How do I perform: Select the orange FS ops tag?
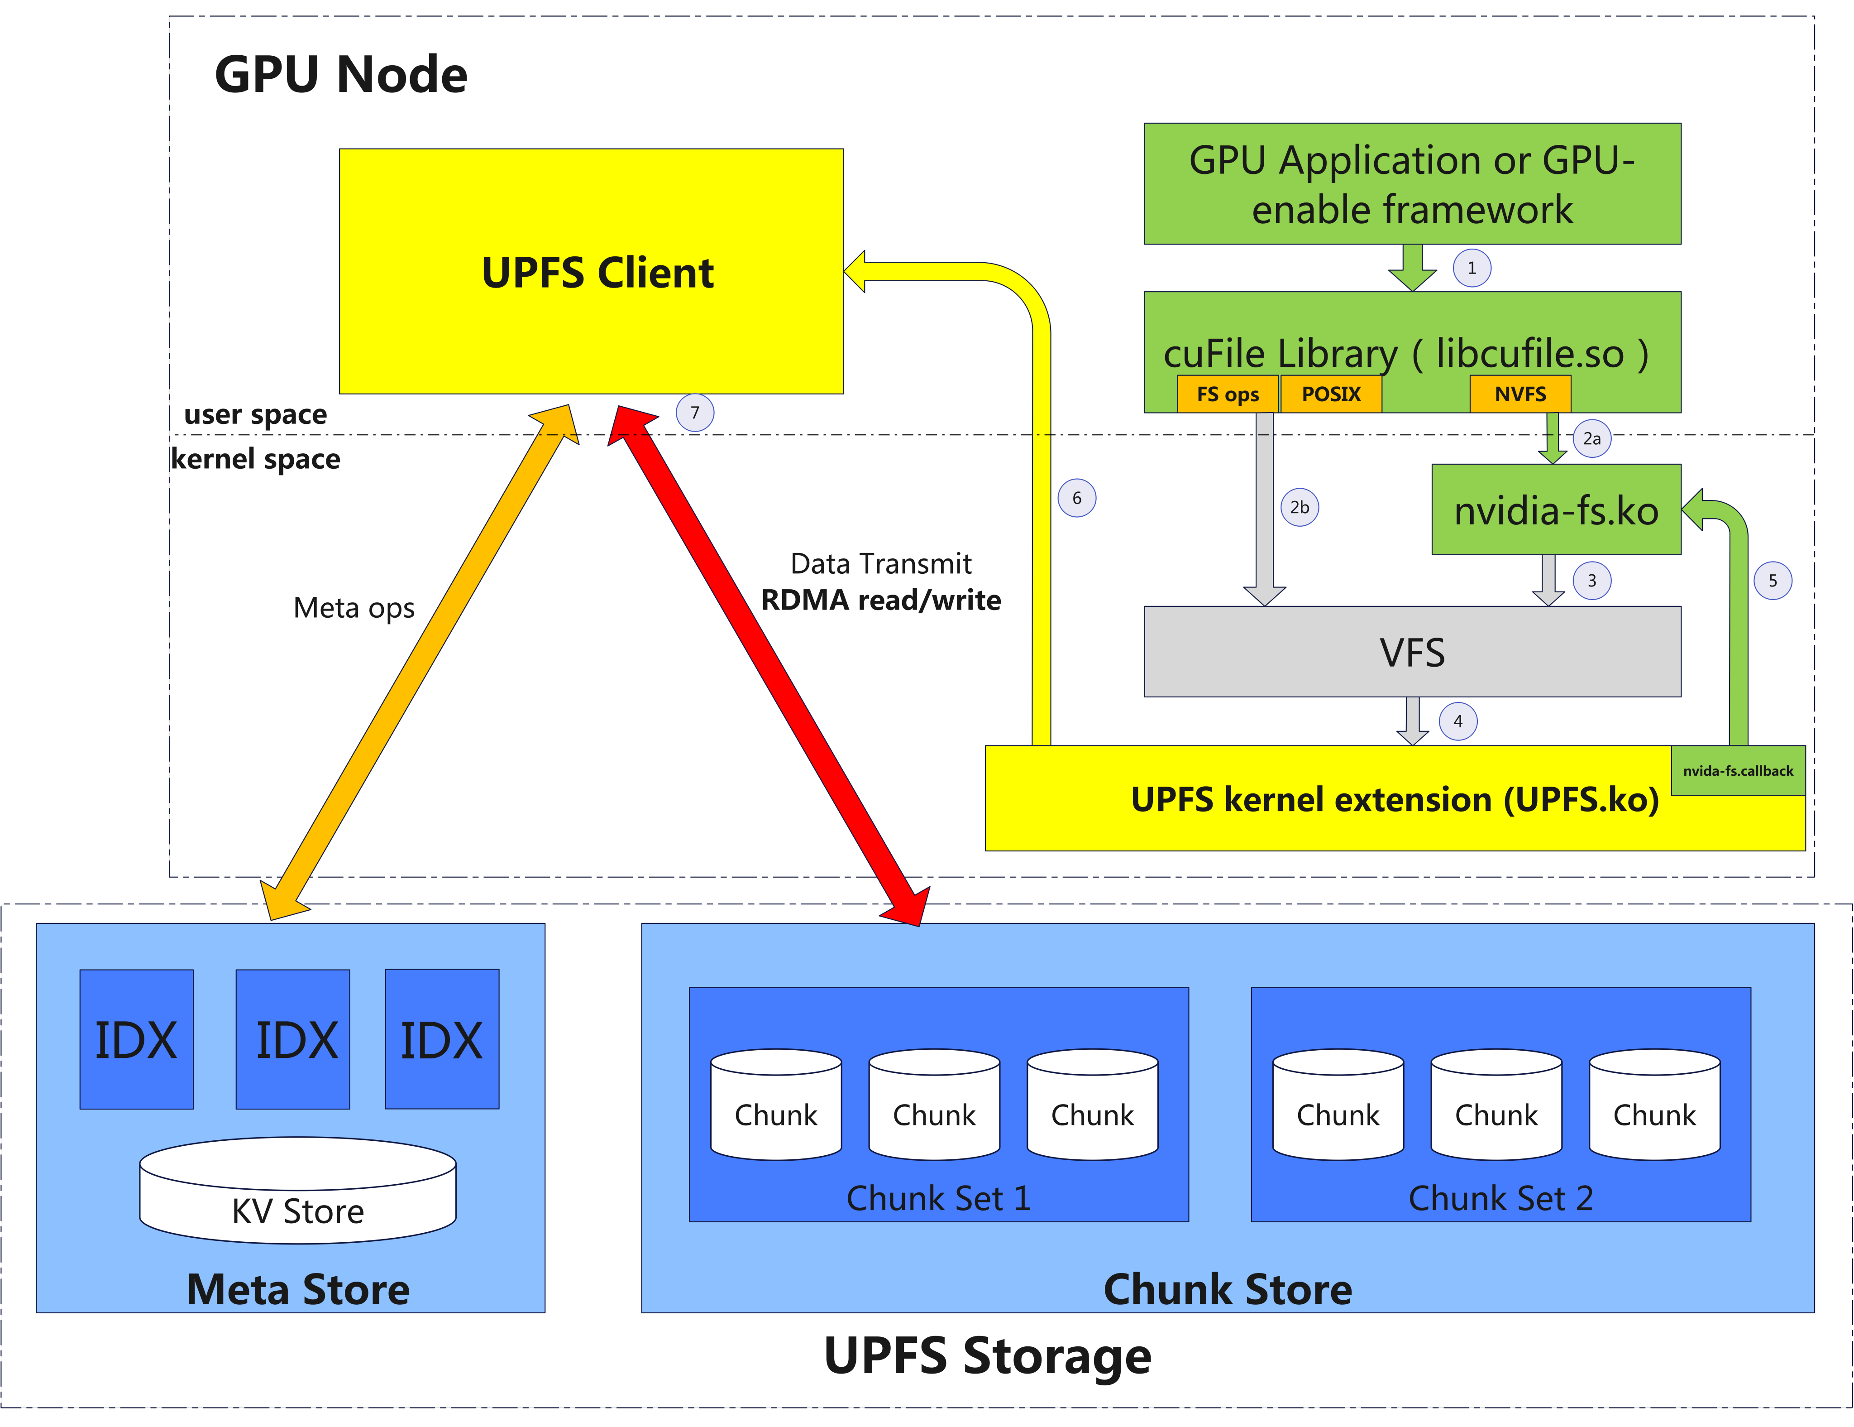(1228, 394)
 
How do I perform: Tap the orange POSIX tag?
(1330, 394)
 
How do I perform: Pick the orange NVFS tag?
(1520, 394)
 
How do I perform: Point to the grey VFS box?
(1412, 652)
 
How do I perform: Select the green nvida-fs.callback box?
(1738, 770)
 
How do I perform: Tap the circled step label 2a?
(1591, 438)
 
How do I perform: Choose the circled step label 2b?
(1299, 507)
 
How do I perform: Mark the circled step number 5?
(1773, 581)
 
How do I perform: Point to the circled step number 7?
(694, 413)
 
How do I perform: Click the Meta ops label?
(354, 608)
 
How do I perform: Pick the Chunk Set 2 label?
(1500, 1198)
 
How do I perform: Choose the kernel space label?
(256, 459)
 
